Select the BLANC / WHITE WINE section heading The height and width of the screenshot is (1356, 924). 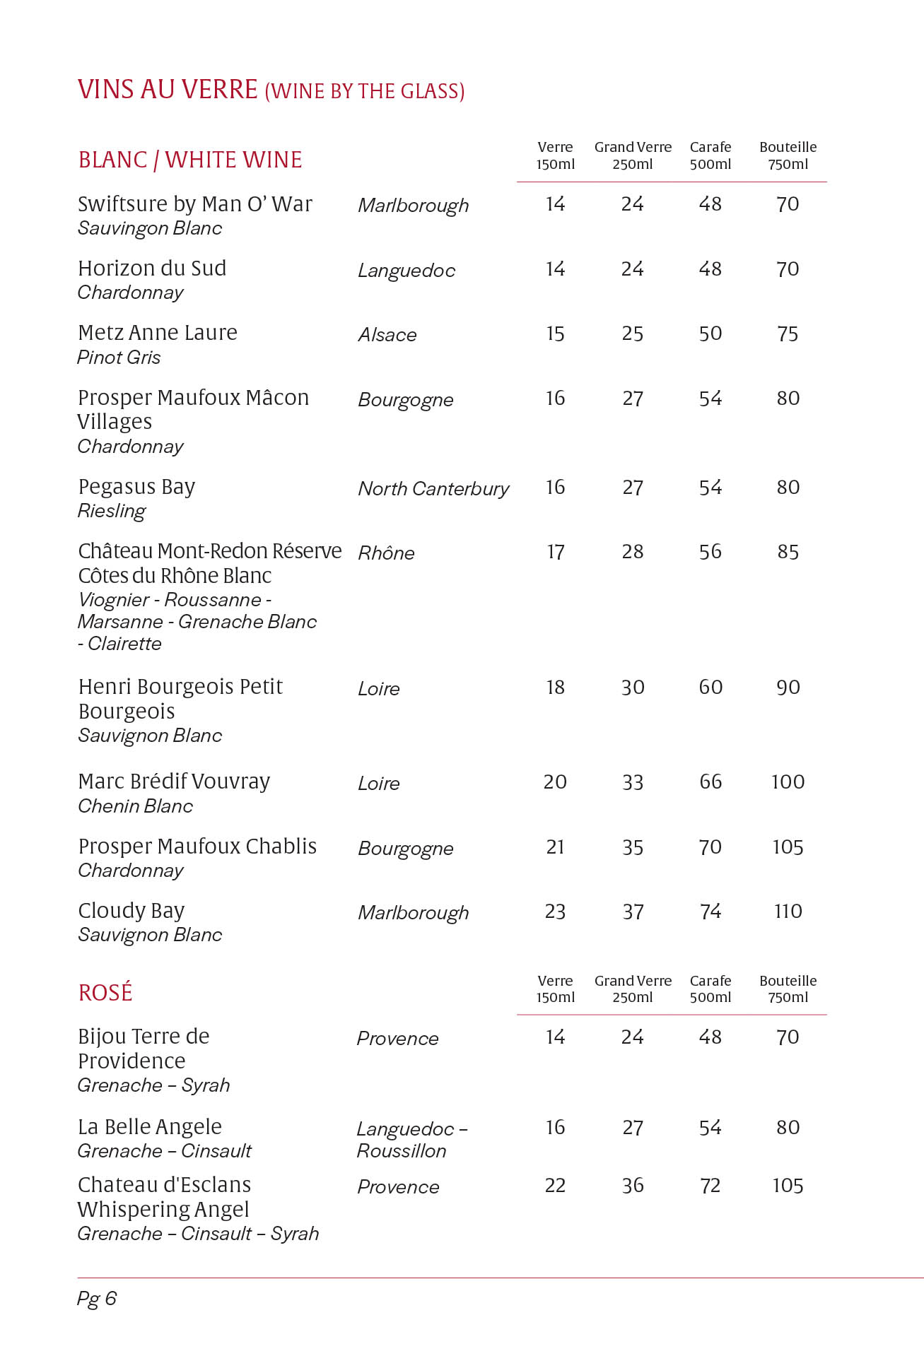(x=190, y=160)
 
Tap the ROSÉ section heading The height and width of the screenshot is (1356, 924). (x=105, y=993)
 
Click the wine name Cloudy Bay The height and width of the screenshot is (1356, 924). (x=131, y=911)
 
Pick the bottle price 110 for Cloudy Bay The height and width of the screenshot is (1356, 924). (x=788, y=912)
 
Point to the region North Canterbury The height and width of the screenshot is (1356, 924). (x=433, y=488)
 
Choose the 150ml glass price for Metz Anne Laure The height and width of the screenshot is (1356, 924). (x=555, y=334)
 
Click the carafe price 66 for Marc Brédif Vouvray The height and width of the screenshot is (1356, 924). (x=710, y=782)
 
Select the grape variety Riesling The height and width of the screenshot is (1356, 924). (x=112, y=511)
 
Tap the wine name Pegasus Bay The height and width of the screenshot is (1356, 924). (x=136, y=487)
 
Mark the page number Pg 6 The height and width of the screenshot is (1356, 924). (x=97, y=1298)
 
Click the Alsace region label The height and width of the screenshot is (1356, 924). (x=387, y=335)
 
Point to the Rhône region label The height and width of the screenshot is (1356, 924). (x=386, y=553)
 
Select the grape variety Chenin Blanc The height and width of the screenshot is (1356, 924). (x=135, y=806)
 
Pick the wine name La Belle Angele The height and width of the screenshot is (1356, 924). (x=150, y=1126)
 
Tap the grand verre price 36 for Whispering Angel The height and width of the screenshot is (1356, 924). (x=633, y=1185)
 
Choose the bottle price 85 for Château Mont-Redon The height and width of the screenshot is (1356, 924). (x=788, y=552)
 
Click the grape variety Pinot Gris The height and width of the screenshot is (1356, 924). (x=119, y=358)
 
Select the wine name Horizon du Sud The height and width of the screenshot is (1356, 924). (x=152, y=269)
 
